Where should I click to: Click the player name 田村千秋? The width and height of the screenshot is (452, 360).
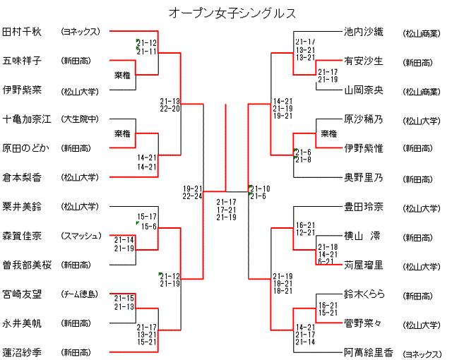point(23,32)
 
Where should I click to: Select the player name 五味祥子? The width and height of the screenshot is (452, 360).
point(23,61)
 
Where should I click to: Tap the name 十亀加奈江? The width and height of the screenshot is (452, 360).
point(27,119)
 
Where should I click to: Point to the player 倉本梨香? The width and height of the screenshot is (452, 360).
point(23,177)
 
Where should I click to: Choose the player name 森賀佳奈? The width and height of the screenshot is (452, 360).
point(23,235)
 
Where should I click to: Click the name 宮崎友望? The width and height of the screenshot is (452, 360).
point(23,294)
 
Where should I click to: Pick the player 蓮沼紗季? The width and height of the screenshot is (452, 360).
point(23,352)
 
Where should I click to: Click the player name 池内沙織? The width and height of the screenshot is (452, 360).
point(363,32)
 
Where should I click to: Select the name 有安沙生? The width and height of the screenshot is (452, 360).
point(363,61)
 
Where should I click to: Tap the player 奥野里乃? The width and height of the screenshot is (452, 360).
point(363,177)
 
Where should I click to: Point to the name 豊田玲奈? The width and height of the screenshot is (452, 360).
point(363,207)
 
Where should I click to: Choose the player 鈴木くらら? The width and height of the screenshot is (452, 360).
point(364,294)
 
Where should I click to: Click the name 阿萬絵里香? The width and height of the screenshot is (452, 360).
point(367,352)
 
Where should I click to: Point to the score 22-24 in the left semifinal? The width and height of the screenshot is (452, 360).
point(193,196)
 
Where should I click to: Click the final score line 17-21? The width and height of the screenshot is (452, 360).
point(226,210)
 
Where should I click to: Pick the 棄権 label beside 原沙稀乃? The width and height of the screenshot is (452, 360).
point(328,133)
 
